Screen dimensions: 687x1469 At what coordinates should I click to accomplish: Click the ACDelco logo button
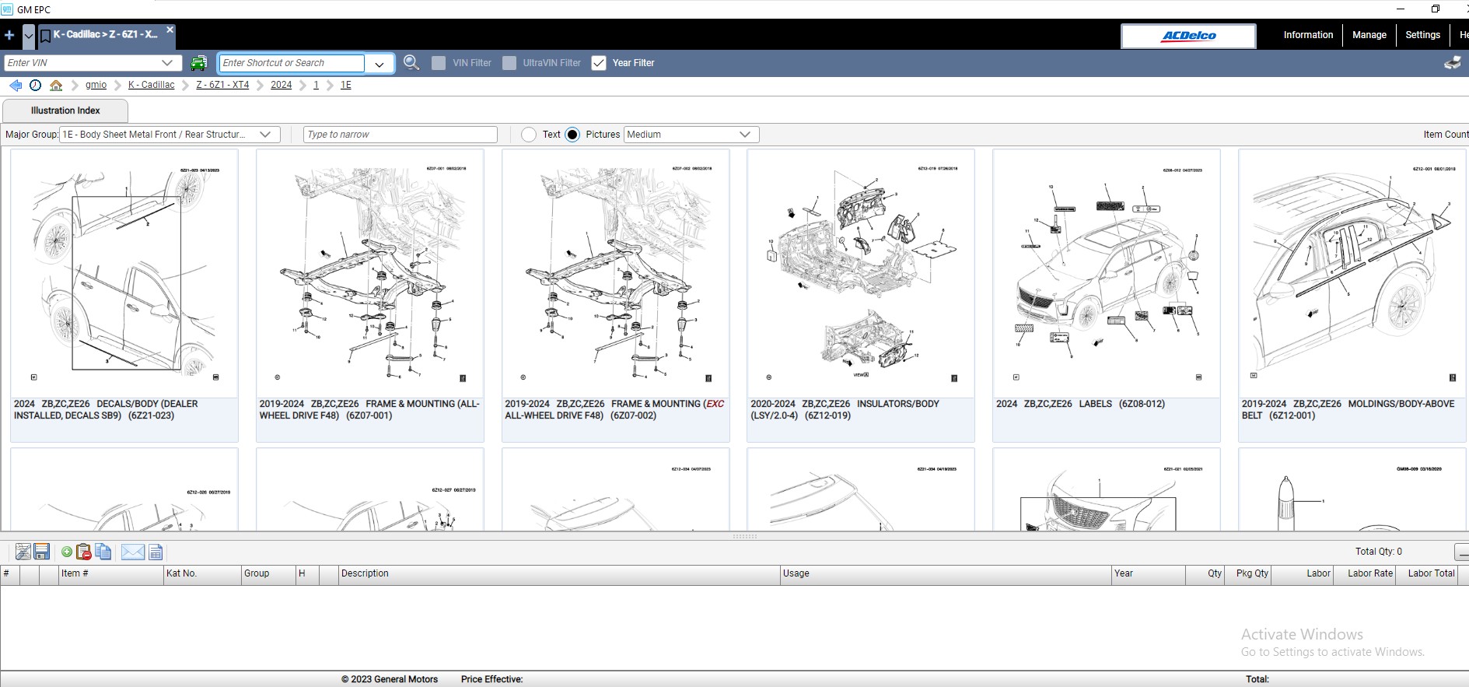click(1187, 36)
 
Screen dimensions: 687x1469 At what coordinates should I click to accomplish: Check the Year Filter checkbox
click(599, 63)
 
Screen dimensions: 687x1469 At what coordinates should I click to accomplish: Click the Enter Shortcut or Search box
click(292, 63)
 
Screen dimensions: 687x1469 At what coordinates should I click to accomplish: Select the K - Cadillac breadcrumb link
click(151, 85)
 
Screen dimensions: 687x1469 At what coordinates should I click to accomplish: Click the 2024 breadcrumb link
click(281, 85)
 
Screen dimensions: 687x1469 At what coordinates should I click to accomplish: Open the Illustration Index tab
click(65, 110)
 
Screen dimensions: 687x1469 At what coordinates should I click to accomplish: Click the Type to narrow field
click(400, 135)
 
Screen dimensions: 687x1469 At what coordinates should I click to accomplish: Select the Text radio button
click(529, 135)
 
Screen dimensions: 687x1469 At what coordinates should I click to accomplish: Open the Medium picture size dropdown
click(691, 135)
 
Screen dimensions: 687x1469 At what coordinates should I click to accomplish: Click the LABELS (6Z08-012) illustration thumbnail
click(1106, 272)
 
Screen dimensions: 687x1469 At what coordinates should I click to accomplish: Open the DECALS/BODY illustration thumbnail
click(124, 272)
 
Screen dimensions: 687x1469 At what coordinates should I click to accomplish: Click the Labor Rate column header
click(1369, 573)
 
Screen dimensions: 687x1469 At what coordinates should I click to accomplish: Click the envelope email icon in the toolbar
click(133, 552)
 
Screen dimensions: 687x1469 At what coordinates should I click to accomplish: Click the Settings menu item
click(1422, 35)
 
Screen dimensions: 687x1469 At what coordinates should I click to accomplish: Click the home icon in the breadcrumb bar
click(56, 85)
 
